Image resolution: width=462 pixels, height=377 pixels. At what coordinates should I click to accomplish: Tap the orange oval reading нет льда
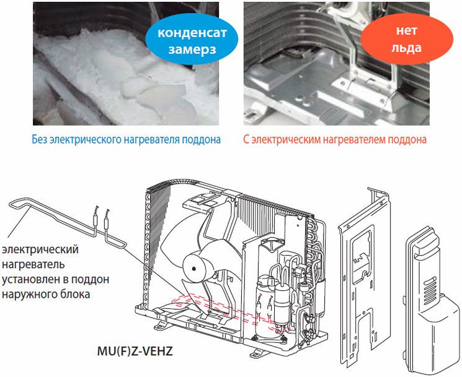[407, 39]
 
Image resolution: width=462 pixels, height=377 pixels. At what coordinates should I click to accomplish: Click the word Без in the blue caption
[40, 139]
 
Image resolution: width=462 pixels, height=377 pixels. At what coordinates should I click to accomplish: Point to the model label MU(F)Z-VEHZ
[135, 351]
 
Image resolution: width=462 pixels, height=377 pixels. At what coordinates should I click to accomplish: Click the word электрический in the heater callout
[40, 249]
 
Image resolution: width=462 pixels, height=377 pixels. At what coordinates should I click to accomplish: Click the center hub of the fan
[194, 269]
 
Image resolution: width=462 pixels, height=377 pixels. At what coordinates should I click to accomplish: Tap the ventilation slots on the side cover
[430, 288]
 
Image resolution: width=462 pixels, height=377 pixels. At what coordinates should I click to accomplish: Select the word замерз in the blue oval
[192, 49]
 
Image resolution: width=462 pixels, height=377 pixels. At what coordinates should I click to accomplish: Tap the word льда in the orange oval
[407, 48]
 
